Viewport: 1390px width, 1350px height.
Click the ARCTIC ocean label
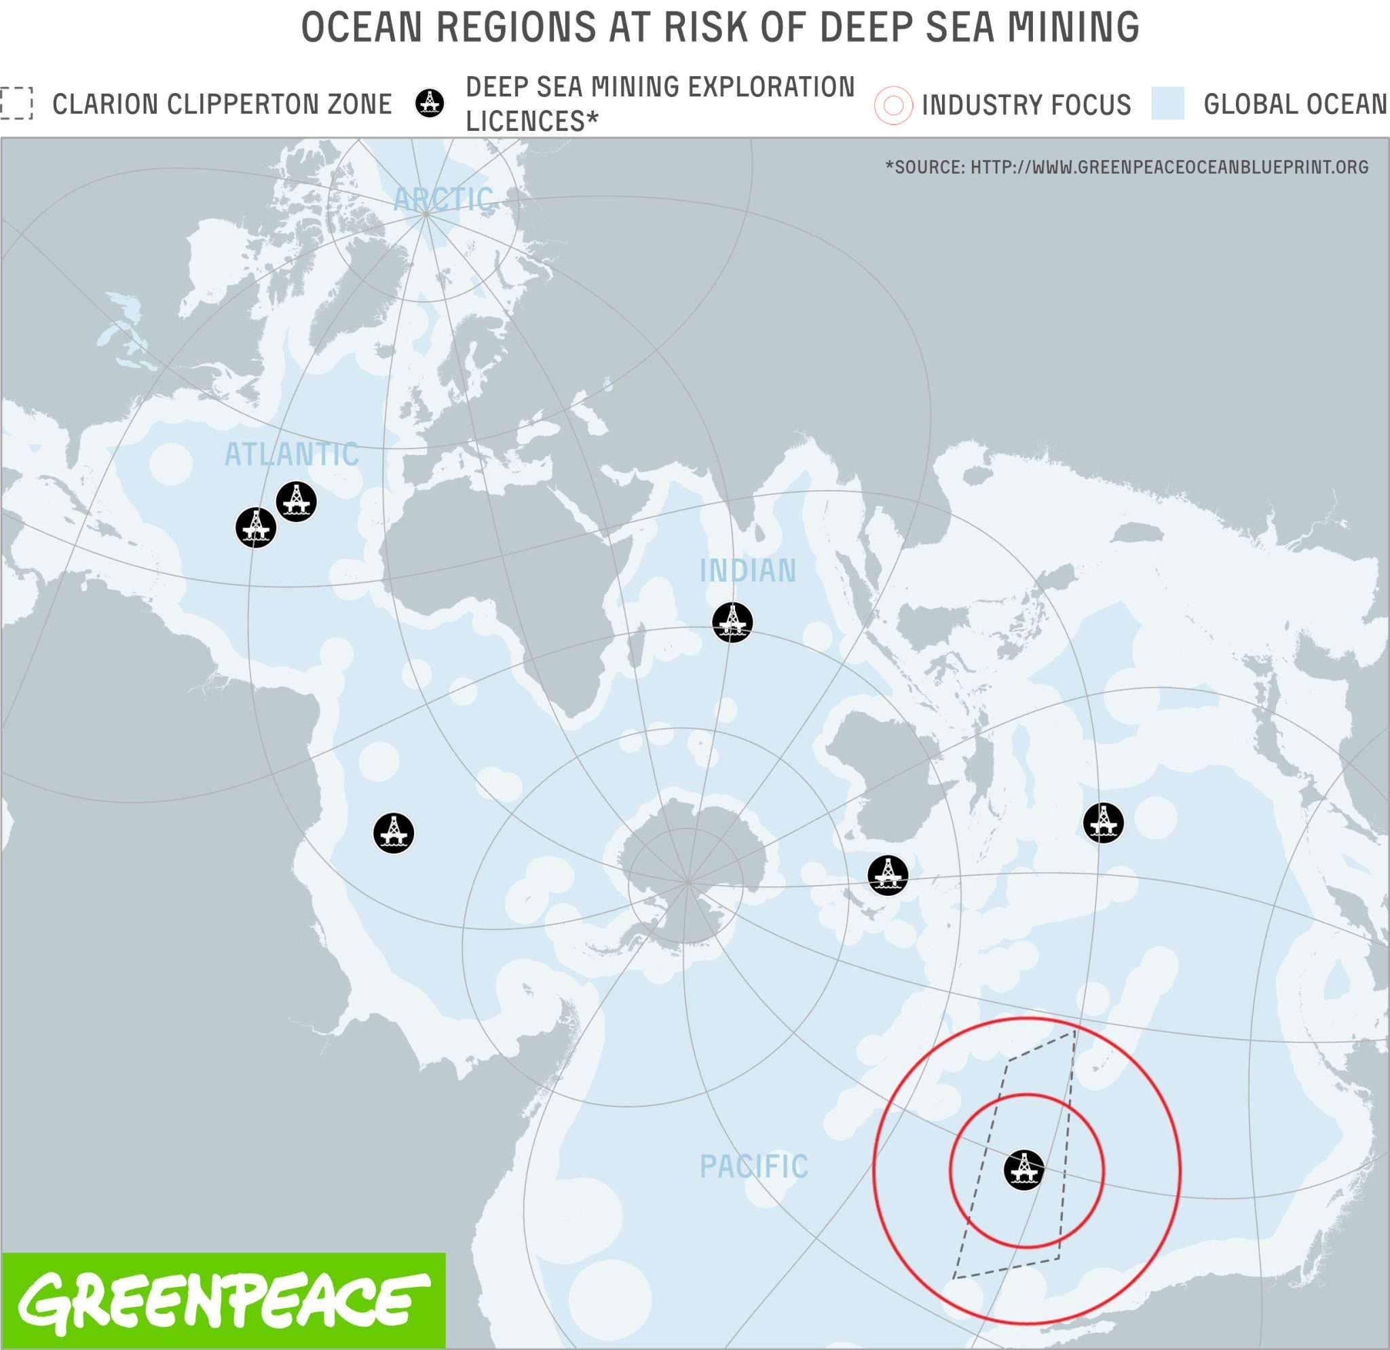[x=444, y=200]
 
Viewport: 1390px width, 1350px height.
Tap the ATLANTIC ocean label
[x=292, y=455]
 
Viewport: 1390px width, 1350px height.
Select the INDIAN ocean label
[x=748, y=571]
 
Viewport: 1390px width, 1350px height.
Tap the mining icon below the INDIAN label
[x=732, y=622]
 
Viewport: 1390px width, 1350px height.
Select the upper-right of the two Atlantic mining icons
[x=296, y=502]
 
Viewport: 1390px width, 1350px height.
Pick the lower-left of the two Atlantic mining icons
[x=255, y=527]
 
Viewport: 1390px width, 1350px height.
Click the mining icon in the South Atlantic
[x=394, y=833]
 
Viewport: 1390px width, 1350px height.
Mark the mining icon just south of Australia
[x=888, y=875]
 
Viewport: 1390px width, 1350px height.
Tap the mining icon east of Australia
[x=1103, y=823]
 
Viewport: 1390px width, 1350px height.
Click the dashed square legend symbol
[x=16, y=104]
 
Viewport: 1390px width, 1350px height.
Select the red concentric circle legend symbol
[x=893, y=106]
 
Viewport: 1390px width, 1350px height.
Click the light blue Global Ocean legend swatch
[x=1167, y=104]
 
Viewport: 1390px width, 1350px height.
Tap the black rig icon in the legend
[x=429, y=104]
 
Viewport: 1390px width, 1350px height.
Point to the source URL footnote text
[x=1127, y=168]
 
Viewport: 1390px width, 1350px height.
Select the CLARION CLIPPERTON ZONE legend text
[x=222, y=105]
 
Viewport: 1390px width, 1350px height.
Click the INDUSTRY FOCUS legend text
[x=1026, y=105]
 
